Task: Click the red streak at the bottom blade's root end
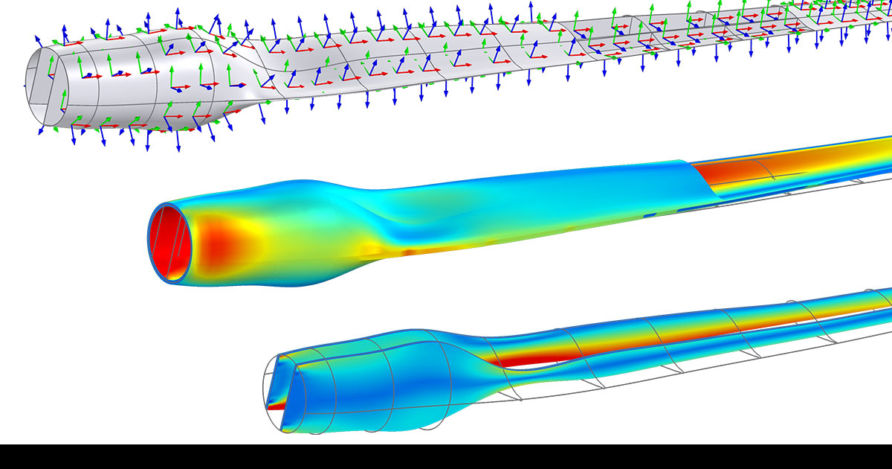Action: click(x=277, y=406)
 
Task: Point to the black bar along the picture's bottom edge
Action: click(x=446, y=456)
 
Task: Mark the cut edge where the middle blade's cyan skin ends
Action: click(x=702, y=179)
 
